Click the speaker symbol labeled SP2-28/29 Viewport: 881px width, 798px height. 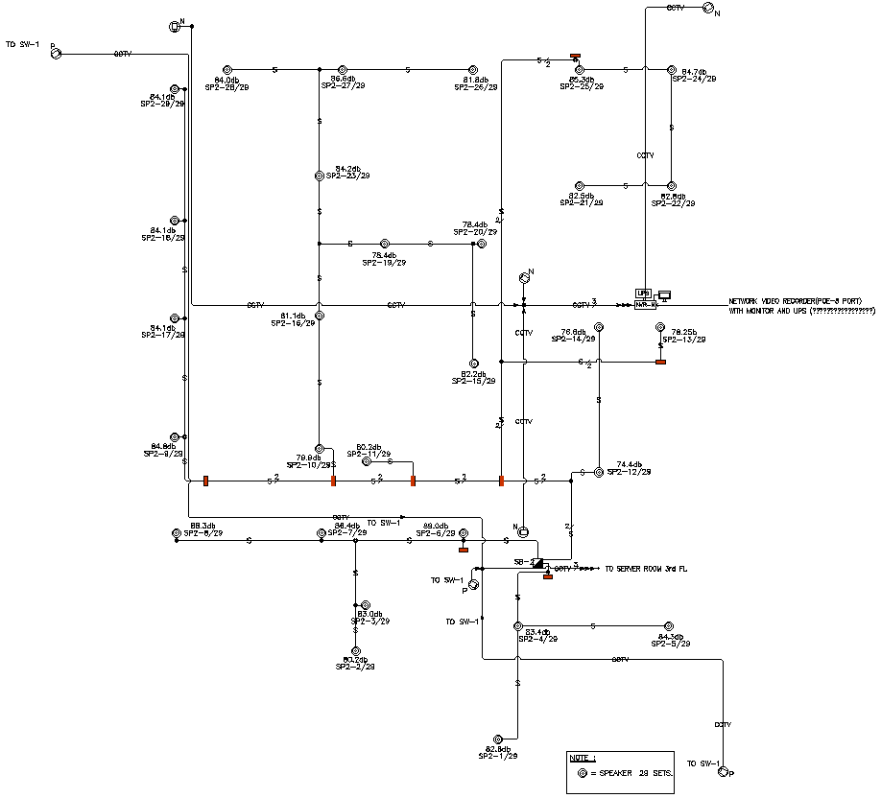(x=228, y=69)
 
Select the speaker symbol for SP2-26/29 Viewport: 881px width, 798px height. (x=471, y=69)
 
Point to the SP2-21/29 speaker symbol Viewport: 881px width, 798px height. (x=579, y=185)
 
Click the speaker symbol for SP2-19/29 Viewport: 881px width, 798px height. (x=385, y=244)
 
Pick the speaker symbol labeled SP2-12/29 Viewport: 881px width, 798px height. (x=598, y=472)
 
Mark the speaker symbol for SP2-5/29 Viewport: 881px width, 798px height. (x=669, y=626)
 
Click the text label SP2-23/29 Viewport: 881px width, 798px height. (x=347, y=176)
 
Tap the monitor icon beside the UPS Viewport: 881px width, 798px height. (x=663, y=293)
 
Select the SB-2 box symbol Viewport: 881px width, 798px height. (x=537, y=562)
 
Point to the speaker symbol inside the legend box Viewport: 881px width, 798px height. (x=581, y=772)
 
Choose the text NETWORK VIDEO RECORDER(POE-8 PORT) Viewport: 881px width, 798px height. (x=801, y=300)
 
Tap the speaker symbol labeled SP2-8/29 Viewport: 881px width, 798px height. (x=176, y=533)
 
